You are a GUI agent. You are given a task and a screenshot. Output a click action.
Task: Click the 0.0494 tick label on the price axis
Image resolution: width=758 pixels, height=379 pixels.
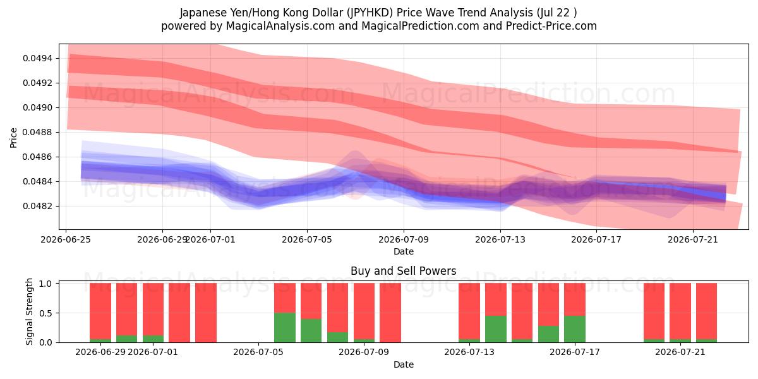pos(37,59)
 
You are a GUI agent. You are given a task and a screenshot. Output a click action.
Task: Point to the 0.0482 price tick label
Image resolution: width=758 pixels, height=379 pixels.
pos(37,206)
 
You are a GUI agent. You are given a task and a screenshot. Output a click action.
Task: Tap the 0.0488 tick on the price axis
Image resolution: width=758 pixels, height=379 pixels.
pos(37,132)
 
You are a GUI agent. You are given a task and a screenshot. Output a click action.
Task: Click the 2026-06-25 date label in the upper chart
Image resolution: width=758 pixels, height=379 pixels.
pos(66,239)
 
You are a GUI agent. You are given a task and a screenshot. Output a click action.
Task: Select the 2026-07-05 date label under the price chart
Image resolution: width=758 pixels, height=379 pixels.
pos(307,239)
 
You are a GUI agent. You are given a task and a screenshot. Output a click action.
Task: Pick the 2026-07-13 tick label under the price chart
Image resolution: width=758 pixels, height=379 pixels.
pos(500,239)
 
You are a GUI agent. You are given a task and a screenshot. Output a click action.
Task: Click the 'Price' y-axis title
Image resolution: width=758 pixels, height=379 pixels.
pos(13,138)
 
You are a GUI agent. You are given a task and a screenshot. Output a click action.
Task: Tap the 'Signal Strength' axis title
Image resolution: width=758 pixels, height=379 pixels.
pos(30,311)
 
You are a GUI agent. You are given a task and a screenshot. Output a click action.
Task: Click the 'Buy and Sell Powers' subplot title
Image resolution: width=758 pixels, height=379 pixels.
pos(404,271)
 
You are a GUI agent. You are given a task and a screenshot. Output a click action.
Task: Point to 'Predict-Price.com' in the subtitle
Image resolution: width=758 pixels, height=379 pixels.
pos(551,26)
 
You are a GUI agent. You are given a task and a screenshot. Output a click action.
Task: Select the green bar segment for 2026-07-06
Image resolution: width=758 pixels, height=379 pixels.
pos(285,328)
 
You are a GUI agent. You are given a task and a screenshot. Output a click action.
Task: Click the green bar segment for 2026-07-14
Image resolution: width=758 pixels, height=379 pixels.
pos(496,329)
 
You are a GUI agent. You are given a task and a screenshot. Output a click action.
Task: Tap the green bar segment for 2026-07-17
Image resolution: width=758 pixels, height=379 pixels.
pos(575,329)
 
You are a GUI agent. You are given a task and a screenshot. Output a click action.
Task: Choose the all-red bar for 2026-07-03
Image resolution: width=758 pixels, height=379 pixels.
pos(206,313)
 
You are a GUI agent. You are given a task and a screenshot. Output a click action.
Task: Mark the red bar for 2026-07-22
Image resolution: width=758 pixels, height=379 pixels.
pos(707,311)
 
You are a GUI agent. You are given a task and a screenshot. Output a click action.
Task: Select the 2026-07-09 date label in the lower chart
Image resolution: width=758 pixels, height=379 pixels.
pos(364,352)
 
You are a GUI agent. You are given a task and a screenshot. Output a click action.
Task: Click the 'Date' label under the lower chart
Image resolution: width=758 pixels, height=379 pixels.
pos(404,365)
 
